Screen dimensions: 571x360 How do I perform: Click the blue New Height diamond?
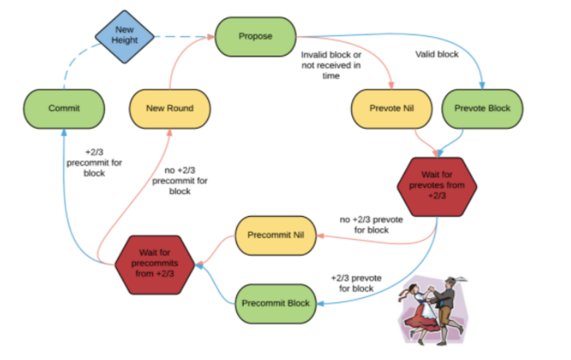[124, 37]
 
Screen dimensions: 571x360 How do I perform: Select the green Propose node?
[255, 37]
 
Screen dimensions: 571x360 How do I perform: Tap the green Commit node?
[64, 108]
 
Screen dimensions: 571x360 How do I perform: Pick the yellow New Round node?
[170, 108]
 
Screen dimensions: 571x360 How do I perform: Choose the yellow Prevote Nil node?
[392, 108]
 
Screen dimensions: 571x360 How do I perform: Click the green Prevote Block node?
[482, 108]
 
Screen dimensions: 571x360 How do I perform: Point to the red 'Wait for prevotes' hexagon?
[437, 187]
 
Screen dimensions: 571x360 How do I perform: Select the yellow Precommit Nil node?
[276, 235]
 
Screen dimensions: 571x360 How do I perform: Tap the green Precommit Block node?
[276, 303]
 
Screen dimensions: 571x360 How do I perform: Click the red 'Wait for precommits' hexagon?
[155, 264]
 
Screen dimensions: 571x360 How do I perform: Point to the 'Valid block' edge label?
[437, 54]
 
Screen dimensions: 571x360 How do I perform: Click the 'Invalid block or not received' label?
[331, 65]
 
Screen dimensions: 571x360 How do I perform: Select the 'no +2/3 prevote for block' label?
[372, 225]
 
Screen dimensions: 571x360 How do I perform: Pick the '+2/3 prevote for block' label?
[356, 283]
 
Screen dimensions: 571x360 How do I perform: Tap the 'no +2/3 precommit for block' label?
[180, 180]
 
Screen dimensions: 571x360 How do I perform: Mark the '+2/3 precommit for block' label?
[94, 163]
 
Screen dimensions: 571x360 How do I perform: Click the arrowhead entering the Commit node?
[64, 132]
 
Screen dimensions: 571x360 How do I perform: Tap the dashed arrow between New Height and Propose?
[184, 37]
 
